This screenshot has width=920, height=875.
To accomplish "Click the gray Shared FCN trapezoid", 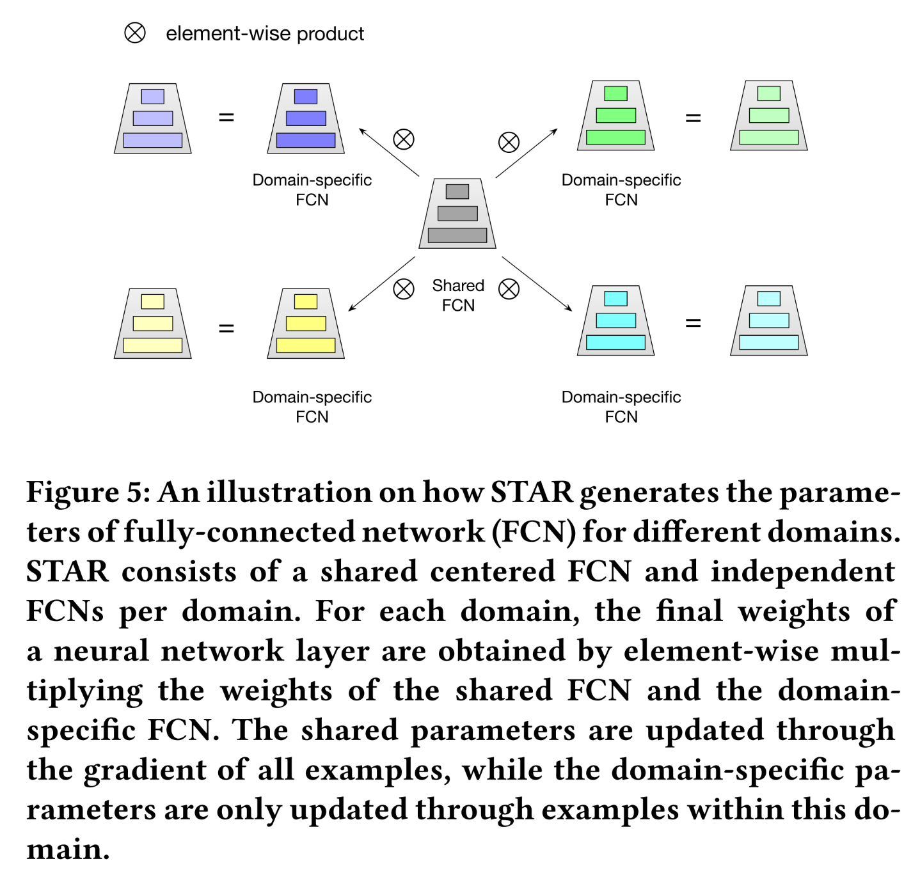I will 457,214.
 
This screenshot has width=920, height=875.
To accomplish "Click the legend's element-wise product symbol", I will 135,33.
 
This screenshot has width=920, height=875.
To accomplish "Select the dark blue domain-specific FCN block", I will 306,118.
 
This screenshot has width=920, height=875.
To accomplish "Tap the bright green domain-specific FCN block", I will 615,116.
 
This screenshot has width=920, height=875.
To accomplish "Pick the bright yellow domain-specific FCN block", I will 306,324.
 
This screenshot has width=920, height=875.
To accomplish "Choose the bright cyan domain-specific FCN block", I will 615,321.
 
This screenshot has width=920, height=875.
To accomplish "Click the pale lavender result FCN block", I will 153,118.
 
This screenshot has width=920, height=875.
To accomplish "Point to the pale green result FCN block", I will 768,116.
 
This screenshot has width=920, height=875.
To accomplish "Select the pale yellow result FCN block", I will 153,324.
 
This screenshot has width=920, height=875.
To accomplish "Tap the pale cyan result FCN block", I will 768,321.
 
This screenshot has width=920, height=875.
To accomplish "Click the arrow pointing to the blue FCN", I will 389,152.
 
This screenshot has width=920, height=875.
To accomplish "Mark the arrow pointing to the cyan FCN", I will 537,284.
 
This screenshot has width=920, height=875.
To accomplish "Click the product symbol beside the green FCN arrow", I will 509,142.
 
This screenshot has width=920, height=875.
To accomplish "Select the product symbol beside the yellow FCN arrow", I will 404,289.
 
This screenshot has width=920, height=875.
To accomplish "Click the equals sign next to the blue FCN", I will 226,118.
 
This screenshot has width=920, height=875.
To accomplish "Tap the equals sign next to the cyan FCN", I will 693,323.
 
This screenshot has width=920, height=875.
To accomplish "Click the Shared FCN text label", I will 458,295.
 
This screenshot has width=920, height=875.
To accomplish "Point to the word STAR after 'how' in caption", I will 532,493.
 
